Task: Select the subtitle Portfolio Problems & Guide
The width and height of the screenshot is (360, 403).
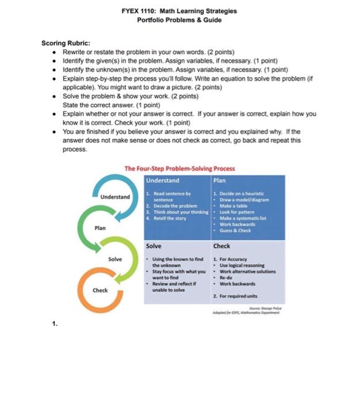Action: pyautogui.click(x=179, y=20)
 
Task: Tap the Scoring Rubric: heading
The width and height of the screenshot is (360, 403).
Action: pyautogui.click(x=66, y=43)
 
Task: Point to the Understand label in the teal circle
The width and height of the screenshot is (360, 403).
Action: pyautogui.click(x=116, y=197)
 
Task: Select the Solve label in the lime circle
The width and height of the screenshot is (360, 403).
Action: pyautogui.click(x=115, y=259)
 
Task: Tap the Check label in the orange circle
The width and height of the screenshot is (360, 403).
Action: pyautogui.click(x=100, y=290)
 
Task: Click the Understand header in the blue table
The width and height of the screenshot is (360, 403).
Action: pyautogui.click(x=163, y=180)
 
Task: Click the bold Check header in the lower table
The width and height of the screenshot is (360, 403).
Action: pyautogui.click(x=222, y=246)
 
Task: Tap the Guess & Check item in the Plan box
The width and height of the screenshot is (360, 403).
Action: pyautogui.click(x=234, y=231)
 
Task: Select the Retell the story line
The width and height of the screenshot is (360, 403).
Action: pyautogui.click(x=168, y=218)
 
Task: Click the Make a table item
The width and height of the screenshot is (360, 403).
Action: pyautogui.click(x=233, y=206)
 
